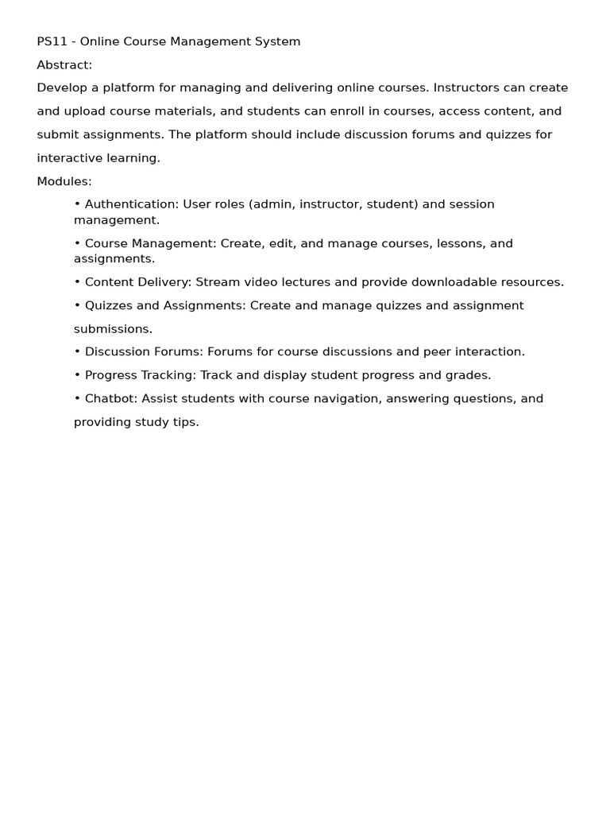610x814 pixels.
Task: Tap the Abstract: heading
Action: (x=64, y=65)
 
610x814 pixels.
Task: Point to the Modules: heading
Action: (x=64, y=181)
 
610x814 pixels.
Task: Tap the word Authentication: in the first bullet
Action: (x=132, y=204)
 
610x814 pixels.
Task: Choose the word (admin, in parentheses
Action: (x=272, y=204)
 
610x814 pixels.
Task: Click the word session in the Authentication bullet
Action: (x=472, y=204)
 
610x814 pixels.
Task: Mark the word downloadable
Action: (x=452, y=282)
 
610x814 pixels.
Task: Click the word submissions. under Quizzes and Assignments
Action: (x=113, y=329)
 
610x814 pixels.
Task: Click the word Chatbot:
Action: (x=110, y=399)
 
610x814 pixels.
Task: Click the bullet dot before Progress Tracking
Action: (x=77, y=375)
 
